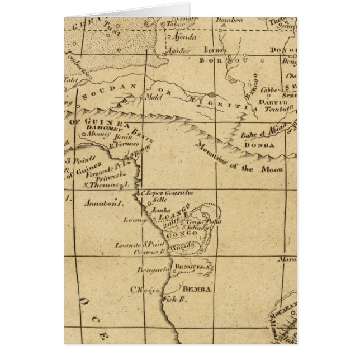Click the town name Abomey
click(x=96, y=134)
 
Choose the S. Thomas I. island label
click(x=106, y=182)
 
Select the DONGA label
click(x=258, y=146)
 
